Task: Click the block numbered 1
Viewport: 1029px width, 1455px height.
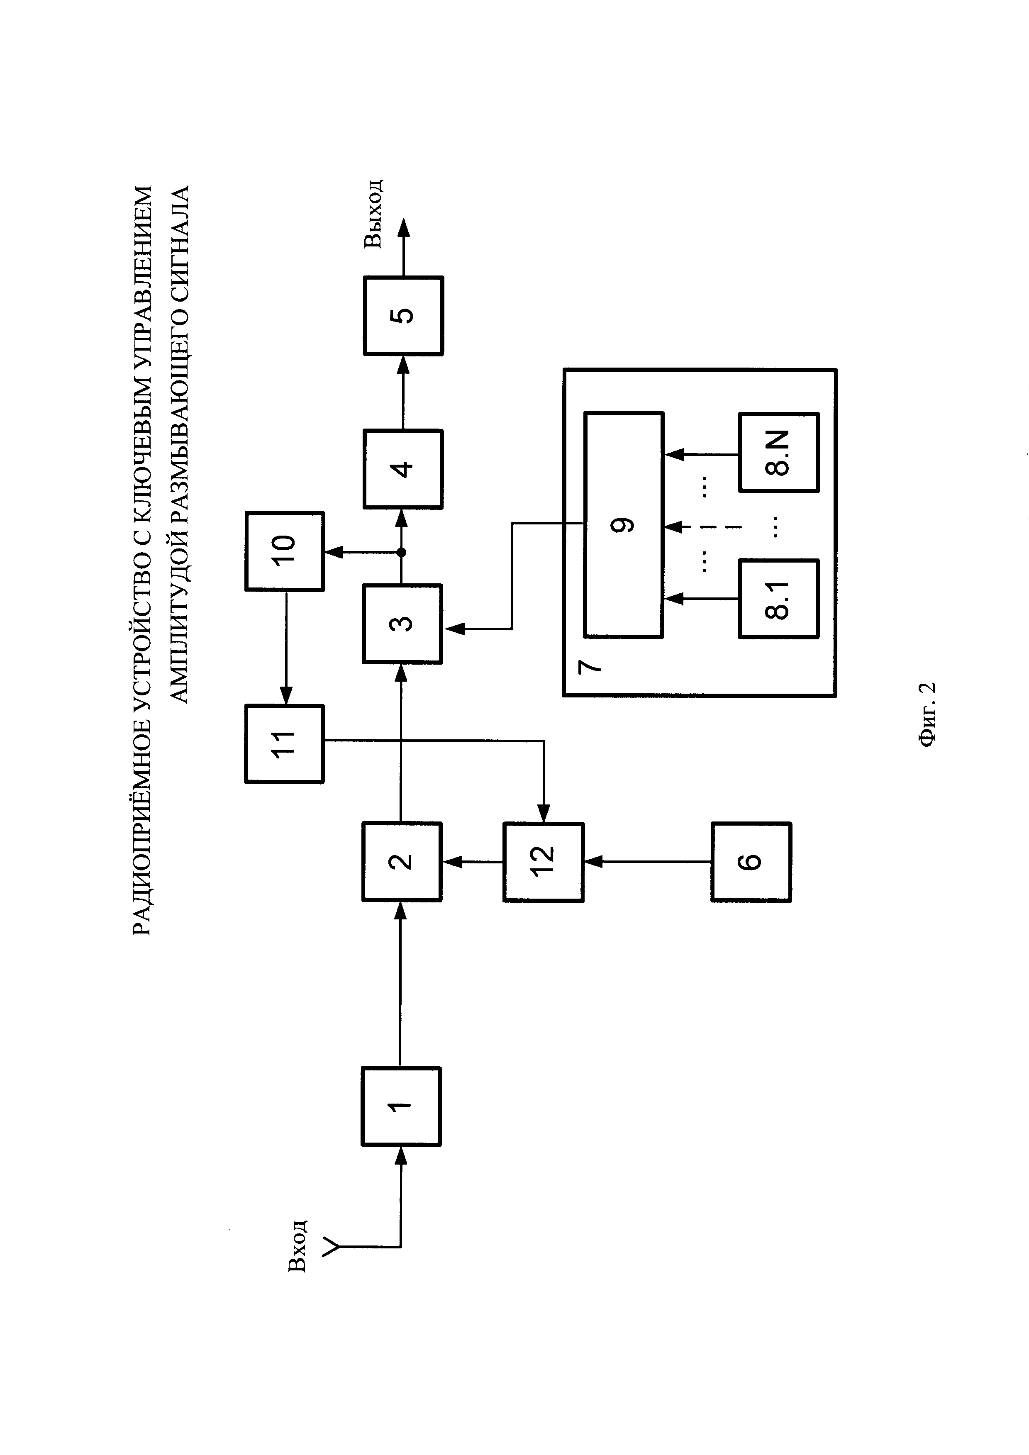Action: click(x=401, y=1106)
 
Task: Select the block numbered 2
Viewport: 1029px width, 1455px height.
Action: click(x=402, y=861)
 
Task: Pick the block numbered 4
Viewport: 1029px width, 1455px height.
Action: click(x=403, y=469)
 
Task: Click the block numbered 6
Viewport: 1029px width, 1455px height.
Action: click(x=751, y=861)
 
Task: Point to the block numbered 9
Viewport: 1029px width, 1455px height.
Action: click(x=624, y=525)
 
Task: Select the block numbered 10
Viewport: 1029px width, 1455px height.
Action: click(x=285, y=551)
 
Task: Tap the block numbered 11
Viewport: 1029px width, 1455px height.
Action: click(x=285, y=744)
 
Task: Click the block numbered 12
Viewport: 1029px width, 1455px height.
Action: click(x=543, y=861)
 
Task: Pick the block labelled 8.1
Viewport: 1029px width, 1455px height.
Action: click(x=779, y=598)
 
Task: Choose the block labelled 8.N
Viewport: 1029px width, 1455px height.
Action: click(x=779, y=453)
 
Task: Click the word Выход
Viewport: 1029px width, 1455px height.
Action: click(x=373, y=213)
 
